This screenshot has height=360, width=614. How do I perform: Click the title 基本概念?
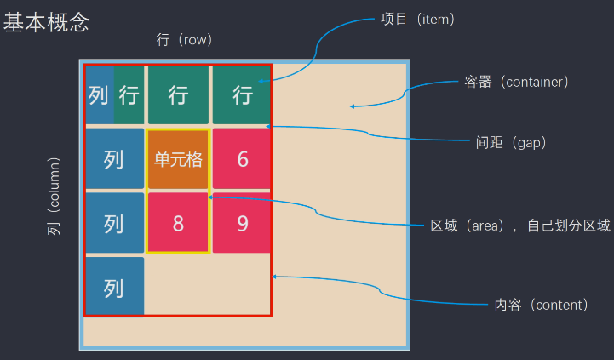tap(46, 22)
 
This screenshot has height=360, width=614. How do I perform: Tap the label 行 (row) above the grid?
tap(184, 39)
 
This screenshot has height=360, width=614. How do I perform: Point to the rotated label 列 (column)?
tap(54, 196)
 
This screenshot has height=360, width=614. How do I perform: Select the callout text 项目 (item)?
tap(417, 19)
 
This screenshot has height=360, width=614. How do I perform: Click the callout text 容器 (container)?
tap(516, 82)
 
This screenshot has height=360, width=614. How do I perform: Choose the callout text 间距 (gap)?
tap(511, 142)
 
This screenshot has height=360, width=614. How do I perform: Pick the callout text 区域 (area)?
tap(467, 226)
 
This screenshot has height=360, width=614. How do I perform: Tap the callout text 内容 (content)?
tap(541, 305)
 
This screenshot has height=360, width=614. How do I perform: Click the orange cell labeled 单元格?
tap(178, 159)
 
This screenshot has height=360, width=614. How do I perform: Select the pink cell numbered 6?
tap(242, 158)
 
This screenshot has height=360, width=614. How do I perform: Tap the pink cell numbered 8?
tap(178, 223)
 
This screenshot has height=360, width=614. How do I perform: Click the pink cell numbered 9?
tap(243, 223)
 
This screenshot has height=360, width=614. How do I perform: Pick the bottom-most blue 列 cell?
tap(115, 287)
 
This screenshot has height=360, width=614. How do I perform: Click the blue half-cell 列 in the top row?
tap(100, 95)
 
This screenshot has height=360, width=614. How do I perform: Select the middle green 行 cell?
tap(178, 95)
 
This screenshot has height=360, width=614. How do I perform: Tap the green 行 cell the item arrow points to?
tap(242, 95)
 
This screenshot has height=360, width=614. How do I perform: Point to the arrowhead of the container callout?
tap(352, 106)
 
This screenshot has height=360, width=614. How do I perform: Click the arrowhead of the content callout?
tap(273, 277)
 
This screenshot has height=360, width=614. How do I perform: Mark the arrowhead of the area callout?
tap(209, 197)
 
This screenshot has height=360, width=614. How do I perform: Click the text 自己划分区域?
tap(569, 226)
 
